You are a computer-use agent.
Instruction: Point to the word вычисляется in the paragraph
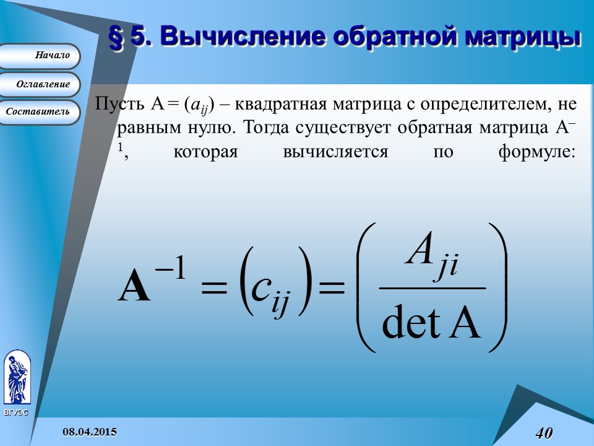pyautogui.click(x=335, y=152)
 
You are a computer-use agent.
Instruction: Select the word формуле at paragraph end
pyautogui.click(x=536, y=152)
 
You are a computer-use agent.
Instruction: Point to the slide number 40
pyautogui.click(x=543, y=432)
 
